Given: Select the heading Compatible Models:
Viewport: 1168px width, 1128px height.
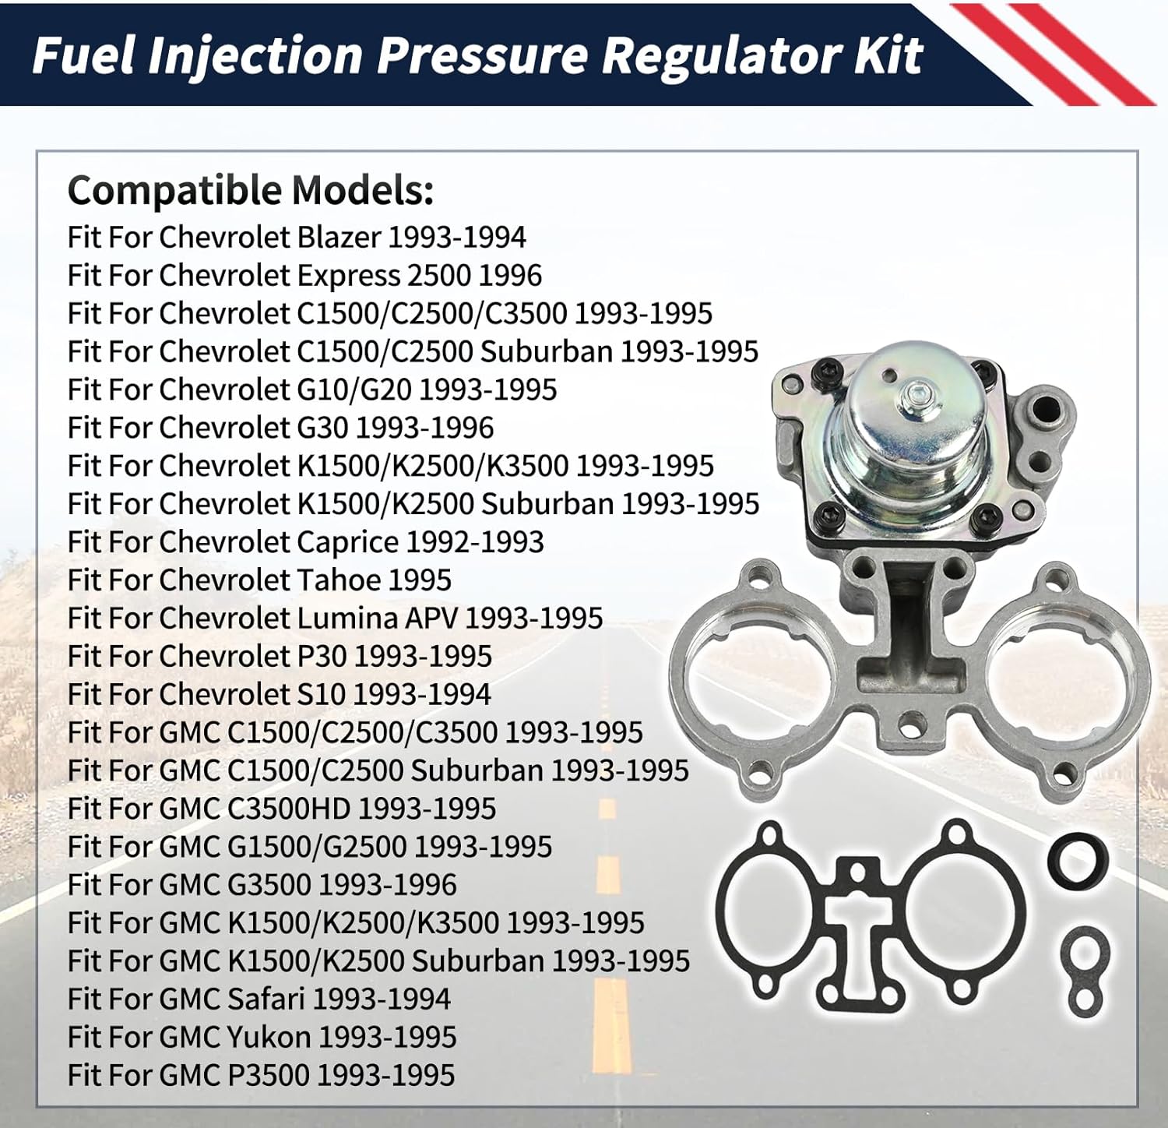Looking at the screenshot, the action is (251, 190).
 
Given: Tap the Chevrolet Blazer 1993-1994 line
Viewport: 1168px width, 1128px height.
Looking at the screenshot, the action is (297, 237).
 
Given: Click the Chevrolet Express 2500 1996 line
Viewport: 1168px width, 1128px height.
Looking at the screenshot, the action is (304, 275).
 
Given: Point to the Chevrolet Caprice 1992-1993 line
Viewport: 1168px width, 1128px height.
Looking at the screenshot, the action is (305, 542).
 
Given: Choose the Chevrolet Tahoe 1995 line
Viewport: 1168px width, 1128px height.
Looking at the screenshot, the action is (259, 580).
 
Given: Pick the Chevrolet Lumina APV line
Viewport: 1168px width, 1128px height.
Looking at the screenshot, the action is (335, 618).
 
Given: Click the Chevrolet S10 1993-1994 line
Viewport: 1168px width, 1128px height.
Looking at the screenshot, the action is (280, 694).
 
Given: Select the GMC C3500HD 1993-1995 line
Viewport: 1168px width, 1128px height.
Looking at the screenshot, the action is (282, 809).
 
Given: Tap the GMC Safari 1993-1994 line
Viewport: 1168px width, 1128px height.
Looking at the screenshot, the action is (259, 999).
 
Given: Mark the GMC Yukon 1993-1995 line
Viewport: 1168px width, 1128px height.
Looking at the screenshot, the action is (262, 1037).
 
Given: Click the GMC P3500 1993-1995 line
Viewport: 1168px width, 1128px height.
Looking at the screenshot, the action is (261, 1075).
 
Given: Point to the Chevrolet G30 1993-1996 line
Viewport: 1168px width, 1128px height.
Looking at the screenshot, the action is (280, 428).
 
